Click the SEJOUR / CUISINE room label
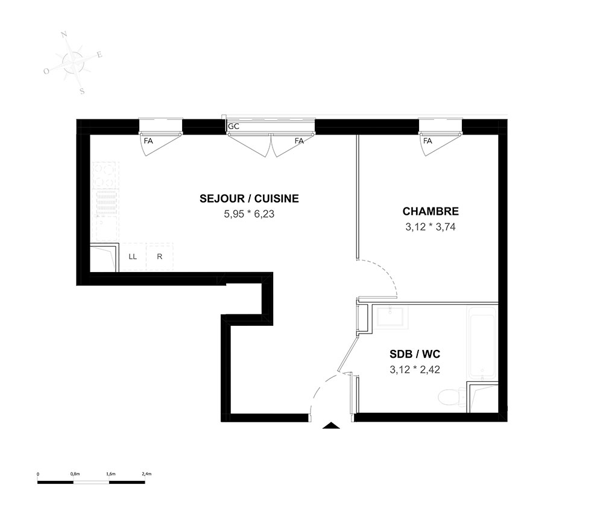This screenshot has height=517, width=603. point(249,198)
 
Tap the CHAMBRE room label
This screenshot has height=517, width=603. point(431,212)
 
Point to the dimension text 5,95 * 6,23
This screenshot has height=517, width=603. point(249,214)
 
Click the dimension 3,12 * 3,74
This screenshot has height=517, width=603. point(431,227)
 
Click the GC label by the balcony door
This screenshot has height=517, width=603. point(233,127)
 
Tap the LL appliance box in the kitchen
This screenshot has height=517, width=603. point(133,256)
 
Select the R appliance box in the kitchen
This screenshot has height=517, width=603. point(160,256)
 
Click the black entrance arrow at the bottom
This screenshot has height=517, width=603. point(330,425)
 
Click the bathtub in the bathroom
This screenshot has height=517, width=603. point(482,342)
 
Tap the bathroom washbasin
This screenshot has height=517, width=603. point(391,317)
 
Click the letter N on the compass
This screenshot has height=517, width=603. point(65,35)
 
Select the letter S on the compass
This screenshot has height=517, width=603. point(82,92)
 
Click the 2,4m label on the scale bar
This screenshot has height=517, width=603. point(147,474)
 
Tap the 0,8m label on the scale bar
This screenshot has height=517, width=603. point(75,474)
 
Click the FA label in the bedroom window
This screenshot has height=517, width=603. point(428,141)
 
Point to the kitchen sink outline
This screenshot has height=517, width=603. point(106,228)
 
